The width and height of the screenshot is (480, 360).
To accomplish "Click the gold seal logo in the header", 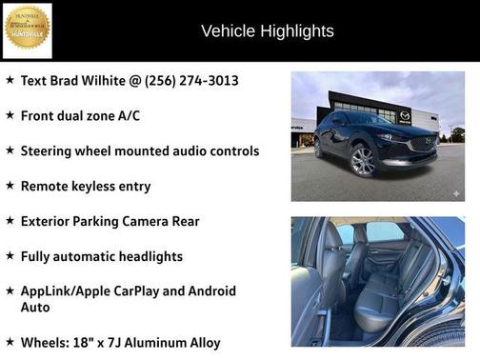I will click(27, 30).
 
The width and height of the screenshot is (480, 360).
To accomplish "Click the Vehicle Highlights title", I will click(268, 31).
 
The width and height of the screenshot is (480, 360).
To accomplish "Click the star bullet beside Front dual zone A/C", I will click(10, 115).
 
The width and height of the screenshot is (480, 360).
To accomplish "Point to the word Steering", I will click(49, 150).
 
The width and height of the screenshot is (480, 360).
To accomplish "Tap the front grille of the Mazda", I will click(422, 146).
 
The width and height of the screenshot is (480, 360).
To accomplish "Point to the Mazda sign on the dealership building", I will click(405, 116).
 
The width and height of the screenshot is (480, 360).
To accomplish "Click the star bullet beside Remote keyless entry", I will click(10, 186).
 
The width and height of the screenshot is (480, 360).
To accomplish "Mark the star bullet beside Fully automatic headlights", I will click(10, 256).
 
